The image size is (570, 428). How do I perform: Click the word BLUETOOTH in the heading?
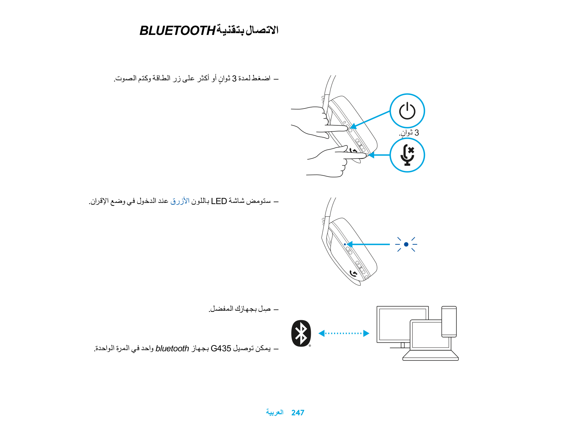pyautogui.click(x=177, y=31)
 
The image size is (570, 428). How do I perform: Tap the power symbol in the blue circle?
pyautogui.click(x=407, y=111)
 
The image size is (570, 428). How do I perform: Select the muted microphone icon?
pyautogui.click(x=407, y=155)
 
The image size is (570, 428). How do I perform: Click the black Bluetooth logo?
pyautogui.click(x=301, y=333)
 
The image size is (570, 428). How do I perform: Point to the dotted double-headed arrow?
pyautogui.click(x=344, y=333)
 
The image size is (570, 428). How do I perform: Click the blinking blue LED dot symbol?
pyautogui.click(x=406, y=244)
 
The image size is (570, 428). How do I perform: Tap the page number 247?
pyautogui.click(x=297, y=413)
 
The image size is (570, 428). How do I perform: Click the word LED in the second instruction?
pyautogui.click(x=219, y=201)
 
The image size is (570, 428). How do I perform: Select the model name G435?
pyautogui.click(x=221, y=349)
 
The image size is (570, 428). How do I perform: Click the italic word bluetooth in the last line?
pyautogui.click(x=172, y=349)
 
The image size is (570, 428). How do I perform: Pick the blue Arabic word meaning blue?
pyautogui.click(x=180, y=201)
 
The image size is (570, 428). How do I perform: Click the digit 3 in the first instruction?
pyautogui.click(x=234, y=79)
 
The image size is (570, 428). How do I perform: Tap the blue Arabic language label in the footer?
pyautogui.click(x=275, y=412)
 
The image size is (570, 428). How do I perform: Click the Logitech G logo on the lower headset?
pyautogui.click(x=354, y=273)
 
